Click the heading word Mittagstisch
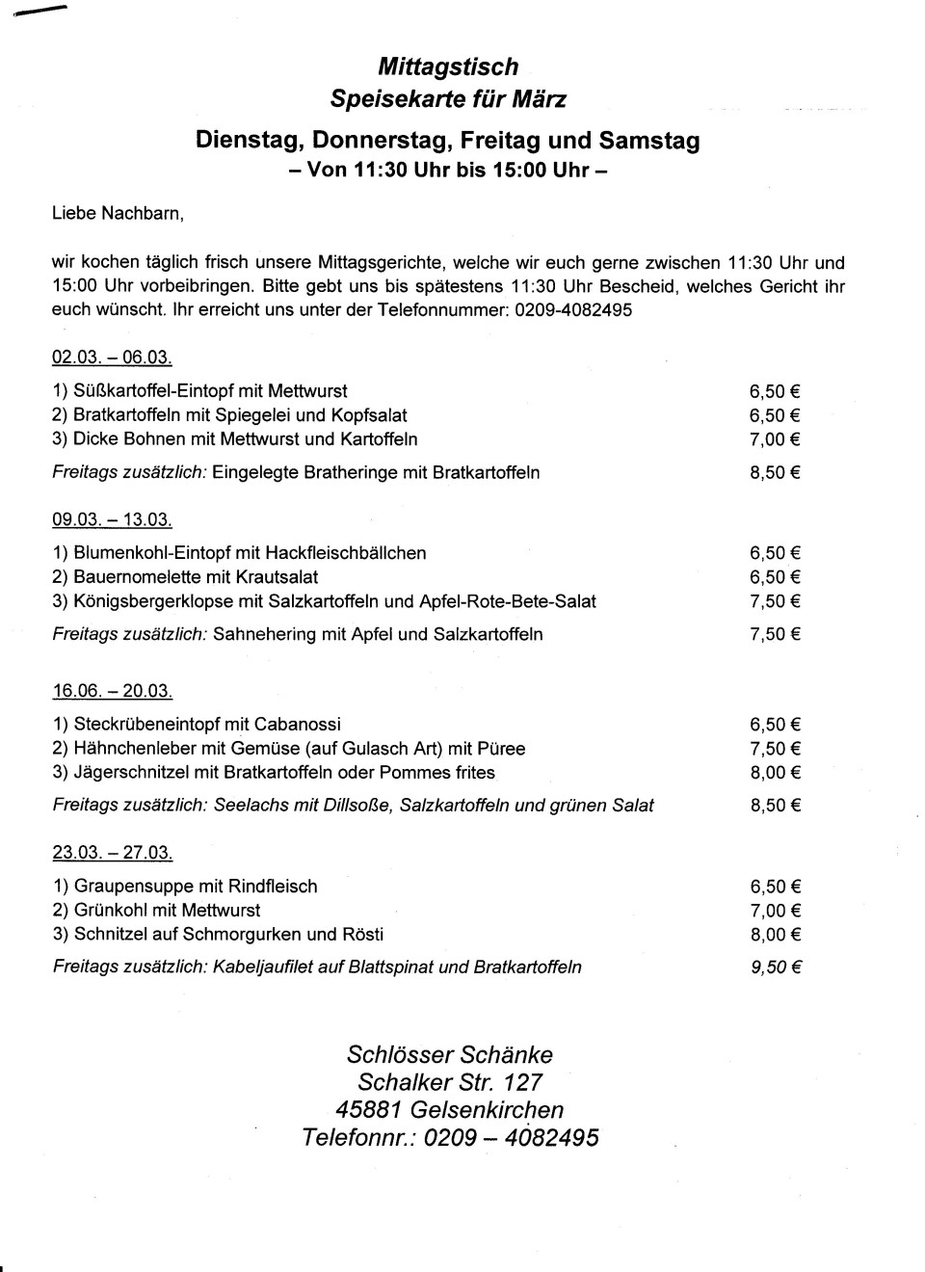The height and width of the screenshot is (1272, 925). pyautogui.click(x=448, y=66)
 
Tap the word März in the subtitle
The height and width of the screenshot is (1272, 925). pyautogui.click(x=541, y=99)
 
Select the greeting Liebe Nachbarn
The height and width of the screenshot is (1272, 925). pyautogui.click(x=118, y=213)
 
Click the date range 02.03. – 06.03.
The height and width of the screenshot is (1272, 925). pyautogui.click(x=112, y=358)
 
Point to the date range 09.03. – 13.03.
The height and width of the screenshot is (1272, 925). pyautogui.click(x=112, y=519)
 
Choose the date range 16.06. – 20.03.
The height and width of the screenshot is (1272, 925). pyautogui.click(x=112, y=691)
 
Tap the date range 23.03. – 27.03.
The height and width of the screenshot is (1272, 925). pyautogui.click(x=112, y=853)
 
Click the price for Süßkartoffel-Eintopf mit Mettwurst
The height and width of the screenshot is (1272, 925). pyautogui.click(x=775, y=391)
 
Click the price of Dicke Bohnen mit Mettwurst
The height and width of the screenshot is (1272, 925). pyautogui.click(x=775, y=439)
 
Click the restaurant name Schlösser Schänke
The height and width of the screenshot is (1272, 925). pyautogui.click(x=449, y=1054)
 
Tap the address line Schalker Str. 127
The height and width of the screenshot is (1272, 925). pyautogui.click(x=449, y=1082)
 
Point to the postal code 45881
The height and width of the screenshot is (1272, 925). pyautogui.click(x=368, y=1109)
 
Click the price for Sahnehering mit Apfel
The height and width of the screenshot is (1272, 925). pyautogui.click(x=775, y=634)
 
